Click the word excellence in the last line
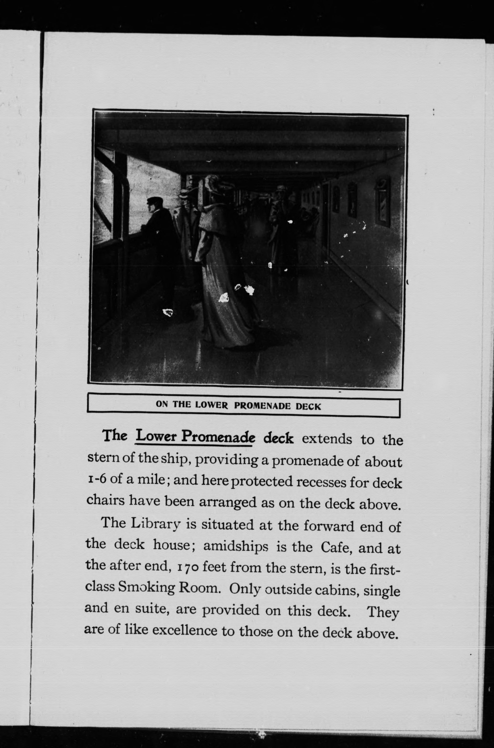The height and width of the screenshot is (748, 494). coord(185,630)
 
